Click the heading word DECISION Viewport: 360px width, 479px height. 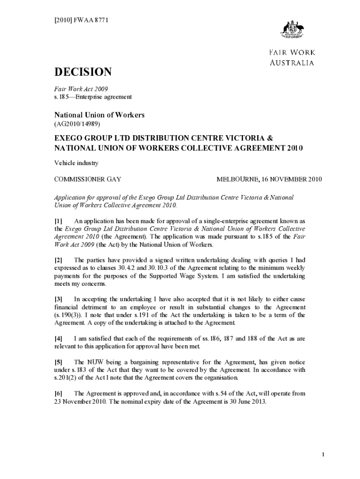(x=83, y=72)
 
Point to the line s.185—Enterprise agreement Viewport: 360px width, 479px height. (x=93, y=97)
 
